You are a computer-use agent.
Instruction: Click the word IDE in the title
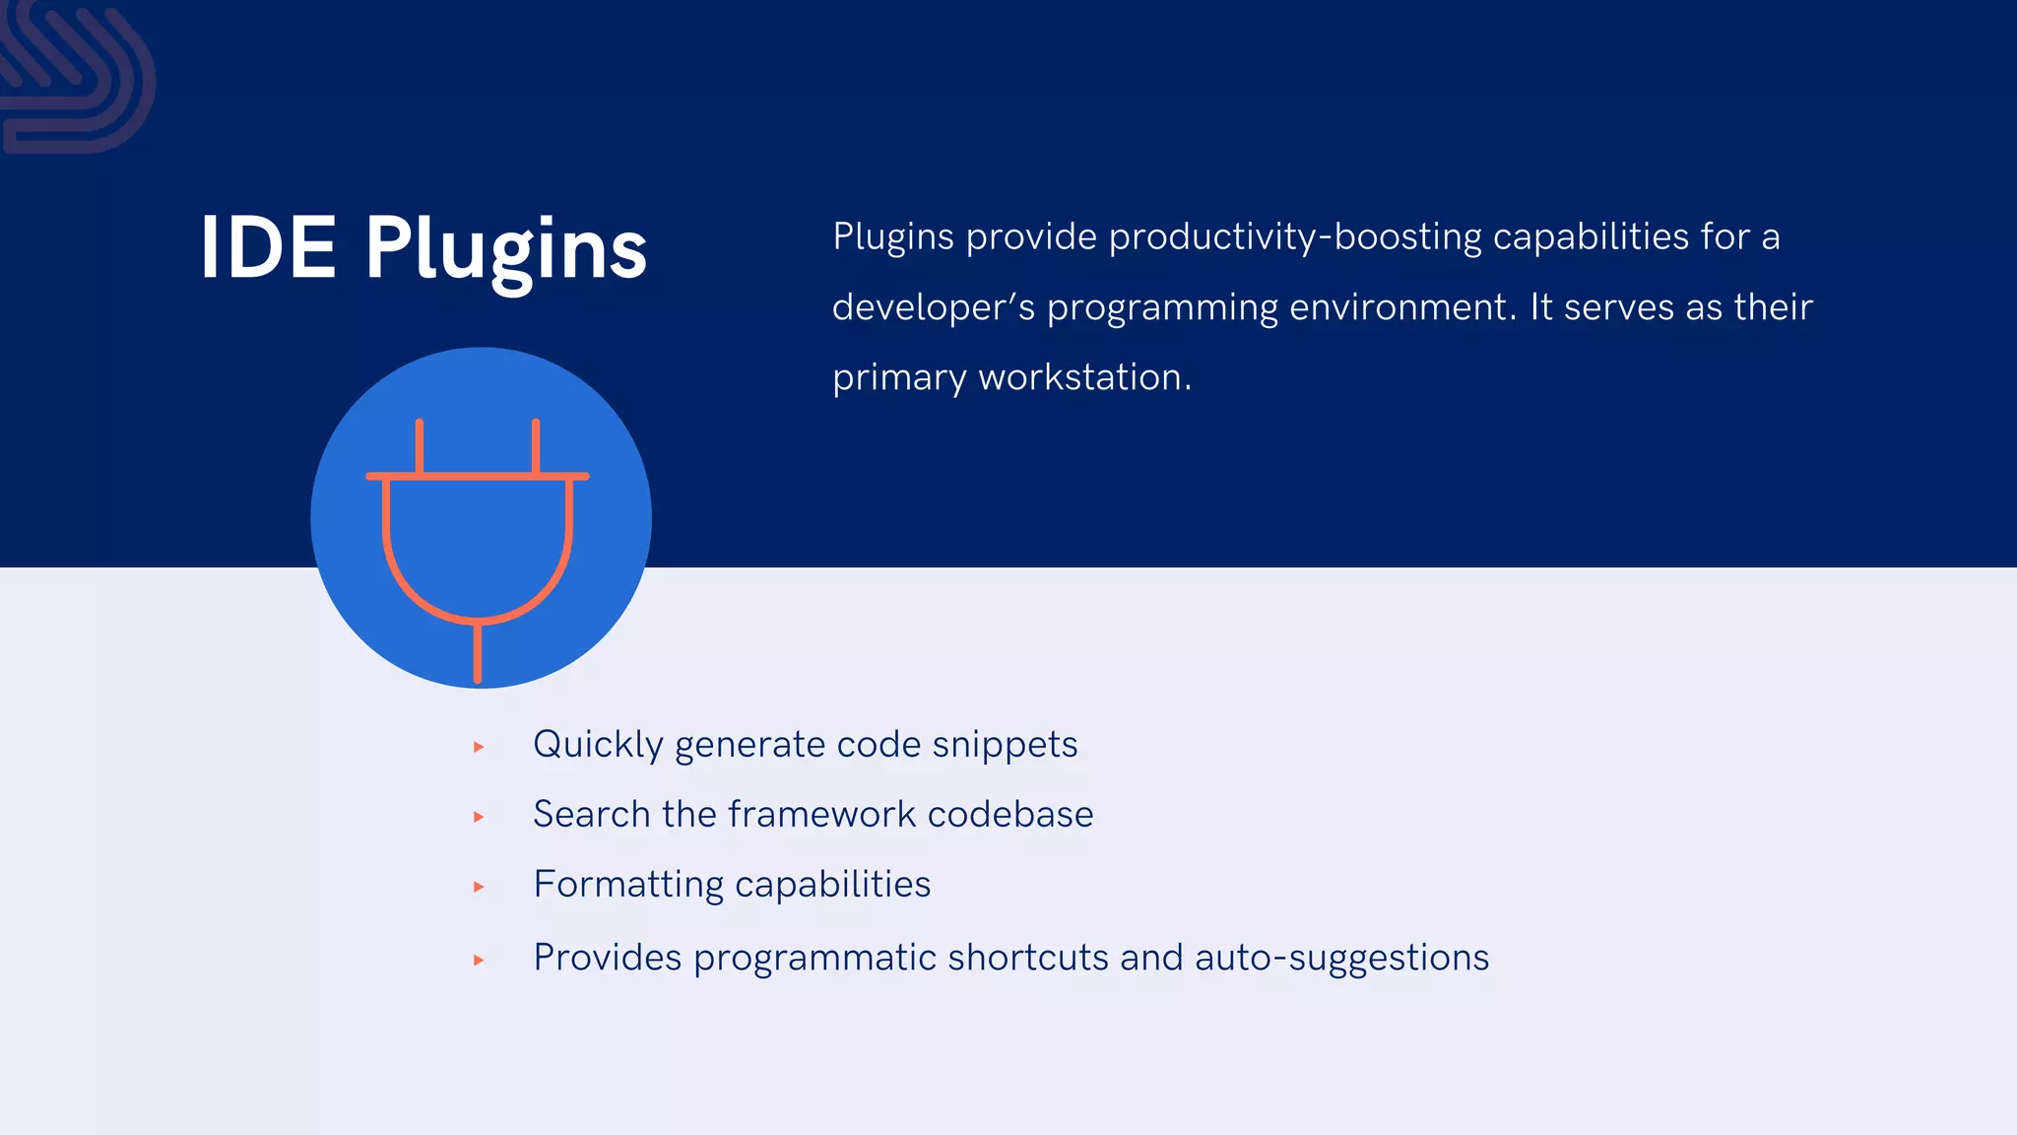[268, 248]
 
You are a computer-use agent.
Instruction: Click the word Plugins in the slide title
[506, 250]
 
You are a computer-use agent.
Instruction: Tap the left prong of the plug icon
[420, 447]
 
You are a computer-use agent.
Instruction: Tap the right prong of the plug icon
[536, 447]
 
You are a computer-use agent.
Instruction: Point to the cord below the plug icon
[478, 652]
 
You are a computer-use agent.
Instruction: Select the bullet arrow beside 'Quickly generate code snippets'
[479, 747]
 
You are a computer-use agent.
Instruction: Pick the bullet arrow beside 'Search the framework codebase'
[479, 817]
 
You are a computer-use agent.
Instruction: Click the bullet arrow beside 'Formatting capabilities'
[479, 887]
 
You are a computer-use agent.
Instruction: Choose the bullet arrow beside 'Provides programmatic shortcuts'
[479, 960]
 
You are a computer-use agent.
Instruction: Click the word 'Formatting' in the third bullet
[628, 885]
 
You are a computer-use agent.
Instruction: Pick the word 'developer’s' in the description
[933, 307]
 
